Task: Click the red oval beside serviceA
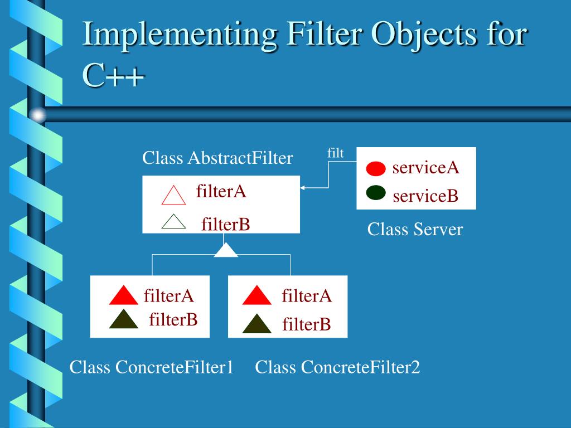pos(376,168)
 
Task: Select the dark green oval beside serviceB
pos(376,193)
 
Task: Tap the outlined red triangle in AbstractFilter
pos(173,196)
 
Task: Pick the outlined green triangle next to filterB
pos(173,222)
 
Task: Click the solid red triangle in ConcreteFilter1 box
pos(123,295)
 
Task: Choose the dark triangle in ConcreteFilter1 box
pos(123,319)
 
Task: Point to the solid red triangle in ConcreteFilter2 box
pos(257,295)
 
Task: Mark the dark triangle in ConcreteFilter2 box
pos(257,324)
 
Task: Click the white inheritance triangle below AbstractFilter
pos(226,251)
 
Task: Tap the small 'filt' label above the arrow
pos(335,153)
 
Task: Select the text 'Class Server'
pos(415,229)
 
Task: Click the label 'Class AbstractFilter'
pos(217,158)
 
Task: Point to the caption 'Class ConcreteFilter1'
pos(151,367)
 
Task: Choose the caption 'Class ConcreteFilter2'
pos(337,367)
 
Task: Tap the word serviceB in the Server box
pos(425,196)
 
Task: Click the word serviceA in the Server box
pos(425,167)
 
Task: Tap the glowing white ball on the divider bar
pos(37,115)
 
